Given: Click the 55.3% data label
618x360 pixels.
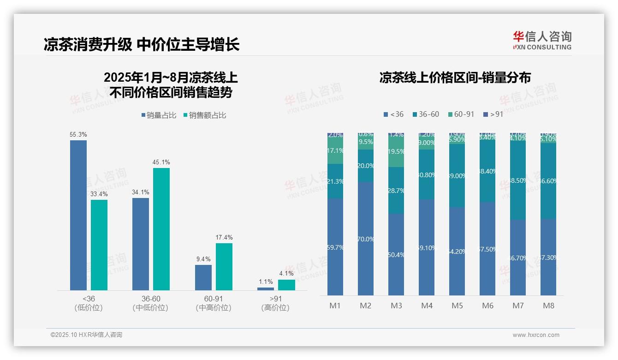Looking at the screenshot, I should [x=78, y=134].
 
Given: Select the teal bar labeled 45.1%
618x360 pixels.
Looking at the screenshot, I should [x=161, y=228].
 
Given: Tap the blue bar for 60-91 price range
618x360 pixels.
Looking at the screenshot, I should [x=203, y=277].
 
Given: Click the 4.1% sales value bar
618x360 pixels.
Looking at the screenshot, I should [x=286, y=285].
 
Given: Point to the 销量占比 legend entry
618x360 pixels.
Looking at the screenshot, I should [x=159, y=115].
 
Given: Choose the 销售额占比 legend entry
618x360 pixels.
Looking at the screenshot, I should [x=205, y=115].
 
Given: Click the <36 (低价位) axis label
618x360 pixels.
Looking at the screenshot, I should [x=88, y=303].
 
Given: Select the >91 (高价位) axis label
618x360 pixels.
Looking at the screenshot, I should [x=275, y=303].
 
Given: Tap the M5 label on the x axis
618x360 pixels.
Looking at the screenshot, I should [x=457, y=306].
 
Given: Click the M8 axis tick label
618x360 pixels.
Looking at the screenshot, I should [x=548, y=306].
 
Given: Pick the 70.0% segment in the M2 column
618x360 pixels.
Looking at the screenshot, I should [x=366, y=239].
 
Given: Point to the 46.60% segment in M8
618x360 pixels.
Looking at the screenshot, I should [x=548, y=181].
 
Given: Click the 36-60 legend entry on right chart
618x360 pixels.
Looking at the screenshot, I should [x=428, y=114].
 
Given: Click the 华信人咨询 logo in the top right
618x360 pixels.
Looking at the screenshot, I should [x=542, y=40].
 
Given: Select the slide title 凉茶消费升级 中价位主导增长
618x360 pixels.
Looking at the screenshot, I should [x=142, y=45].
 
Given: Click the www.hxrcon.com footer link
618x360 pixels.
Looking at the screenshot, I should [x=536, y=335].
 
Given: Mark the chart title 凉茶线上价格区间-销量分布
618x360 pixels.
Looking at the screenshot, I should [x=455, y=78].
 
